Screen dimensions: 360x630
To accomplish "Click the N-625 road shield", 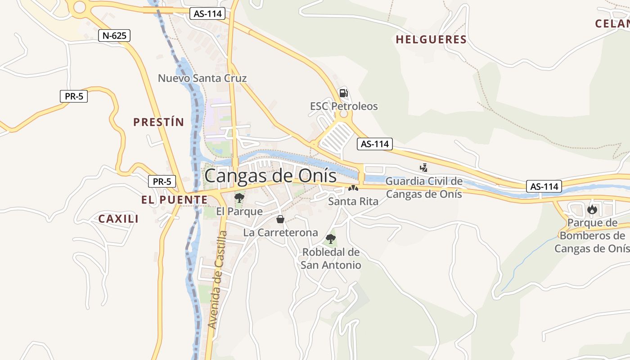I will pyautogui.click(x=114, y=36).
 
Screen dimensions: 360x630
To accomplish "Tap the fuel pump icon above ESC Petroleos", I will pyautogui.click(x=343, y=93).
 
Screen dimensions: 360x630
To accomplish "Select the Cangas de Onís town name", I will pyautogui.click(x=270, y=176).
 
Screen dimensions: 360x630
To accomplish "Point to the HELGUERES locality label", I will pyautogui.click(x=431, y=40).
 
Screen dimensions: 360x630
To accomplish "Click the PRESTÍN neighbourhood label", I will pyautogui.click(x=159, y=122).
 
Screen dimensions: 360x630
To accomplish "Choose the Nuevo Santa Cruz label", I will pyautogui.click(x=202, y=78).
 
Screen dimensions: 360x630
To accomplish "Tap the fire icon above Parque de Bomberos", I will pyautogui.click(x=592, y=209).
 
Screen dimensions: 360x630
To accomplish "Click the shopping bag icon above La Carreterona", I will pyautogui.click(x=280, y=219).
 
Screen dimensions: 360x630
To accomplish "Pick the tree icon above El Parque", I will pyautogui.click(x=239, y=198).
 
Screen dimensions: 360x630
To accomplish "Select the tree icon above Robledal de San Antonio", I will pyautogui.click(x=331, y=239).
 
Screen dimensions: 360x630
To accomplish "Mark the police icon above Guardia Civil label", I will pyautogui.click(x=423, y=168).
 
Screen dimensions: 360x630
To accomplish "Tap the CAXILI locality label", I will pyautogui.click(x=118, y=219).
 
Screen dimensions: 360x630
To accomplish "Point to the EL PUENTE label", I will pyautogui.click(x=174, y=200).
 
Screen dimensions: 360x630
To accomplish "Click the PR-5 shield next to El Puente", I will pyautogui.click(x=162, y=182).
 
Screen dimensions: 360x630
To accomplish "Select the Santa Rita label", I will pyautogui.click(x=353, y=201).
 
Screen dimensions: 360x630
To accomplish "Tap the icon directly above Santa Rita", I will pyautogui.click(x=353, y=189).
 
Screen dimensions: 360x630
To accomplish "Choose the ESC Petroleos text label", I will pyautogui.click(x=344, y=107).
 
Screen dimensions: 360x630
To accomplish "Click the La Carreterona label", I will pyautogui.click(x=280, y=233).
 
